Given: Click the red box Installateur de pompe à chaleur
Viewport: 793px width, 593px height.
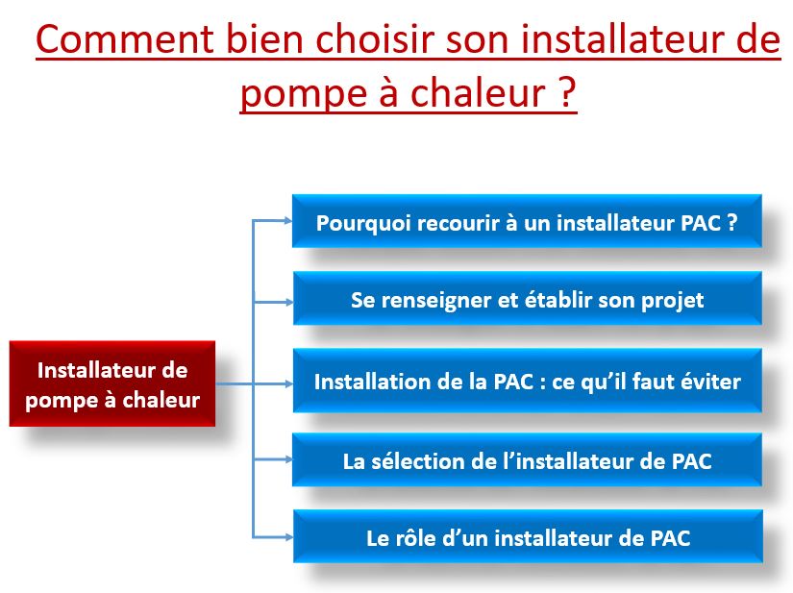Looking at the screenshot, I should coord(112,383).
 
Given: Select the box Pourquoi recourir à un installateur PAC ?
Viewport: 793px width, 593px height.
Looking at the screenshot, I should coord(527,222).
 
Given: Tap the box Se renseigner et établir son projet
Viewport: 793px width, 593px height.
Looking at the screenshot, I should coord(527,300).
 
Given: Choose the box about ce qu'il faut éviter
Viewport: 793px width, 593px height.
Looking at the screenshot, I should coord(527,382).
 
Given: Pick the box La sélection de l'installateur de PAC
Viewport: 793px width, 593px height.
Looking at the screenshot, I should coord(527,460).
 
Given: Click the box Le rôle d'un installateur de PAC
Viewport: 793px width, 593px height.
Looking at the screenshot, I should coord(527,537).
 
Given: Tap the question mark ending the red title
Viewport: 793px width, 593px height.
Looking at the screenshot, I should coord(567,93).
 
